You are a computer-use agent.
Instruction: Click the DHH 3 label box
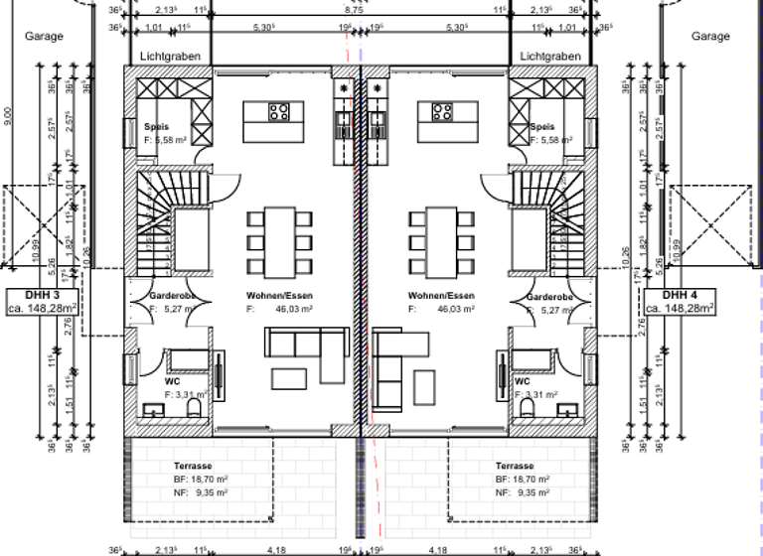point(43,302)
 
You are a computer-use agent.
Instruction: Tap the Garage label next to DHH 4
point(710,36)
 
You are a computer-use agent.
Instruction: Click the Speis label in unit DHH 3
point(155,127)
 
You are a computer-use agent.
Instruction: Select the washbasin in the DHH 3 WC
point(157,408)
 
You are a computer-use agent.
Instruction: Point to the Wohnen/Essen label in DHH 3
point(277,296)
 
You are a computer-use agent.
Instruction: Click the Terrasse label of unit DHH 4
point(515,466)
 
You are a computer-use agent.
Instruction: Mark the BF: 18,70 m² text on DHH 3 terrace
point(201,478)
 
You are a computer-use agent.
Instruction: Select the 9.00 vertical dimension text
point(9,117)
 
